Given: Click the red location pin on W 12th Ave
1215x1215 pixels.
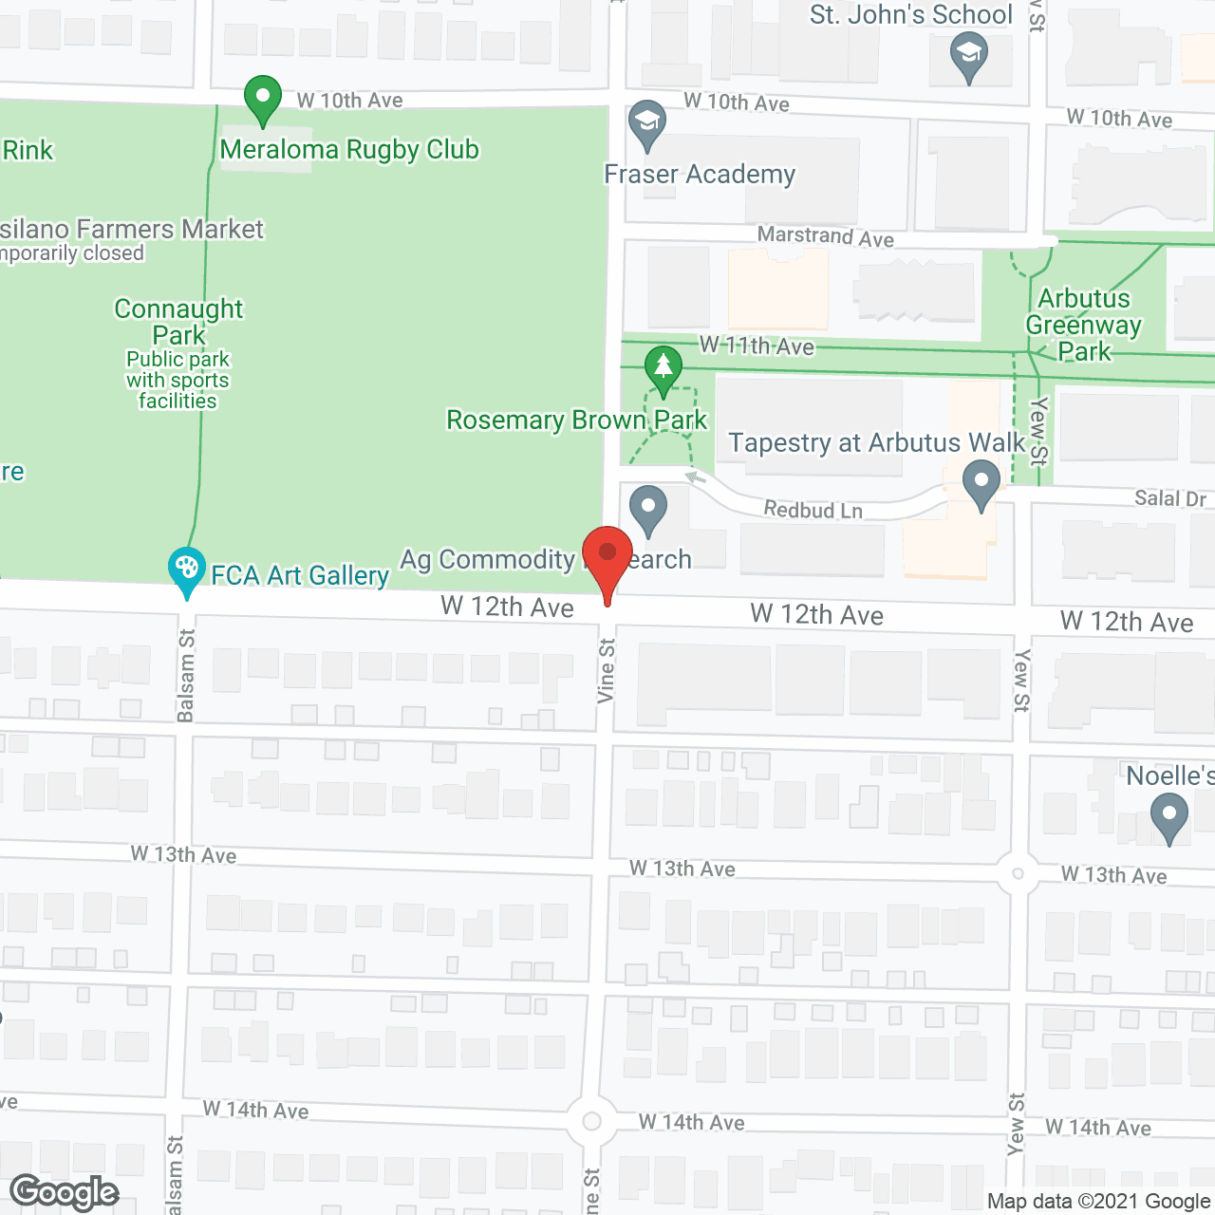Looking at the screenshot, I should pyautogui.click(x=607, y=554).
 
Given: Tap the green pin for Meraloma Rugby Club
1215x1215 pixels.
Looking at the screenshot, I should pyautogui.click(x=262, y=98).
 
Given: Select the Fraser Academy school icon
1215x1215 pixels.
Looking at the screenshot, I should pyautogui.click(x=647, y=123).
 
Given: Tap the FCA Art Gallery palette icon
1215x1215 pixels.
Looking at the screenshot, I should pyautogui.click(x=187, y=570).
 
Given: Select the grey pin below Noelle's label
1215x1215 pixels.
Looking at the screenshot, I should pyautogui.click(x=1168, y=816).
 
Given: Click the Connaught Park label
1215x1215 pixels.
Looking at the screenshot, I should pyautogui.click(x=178, y=322).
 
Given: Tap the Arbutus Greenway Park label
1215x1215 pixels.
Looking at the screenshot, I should pyautogui.click(x=1084, y=325).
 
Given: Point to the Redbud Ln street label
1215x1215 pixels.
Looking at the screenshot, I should pyautogui.click(x=813, y=511).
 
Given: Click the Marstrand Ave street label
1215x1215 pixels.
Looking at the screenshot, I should pyautogui.click(x=825, y=236).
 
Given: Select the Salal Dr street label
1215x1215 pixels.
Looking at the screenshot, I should pyautogui.click(x=1169, y=498).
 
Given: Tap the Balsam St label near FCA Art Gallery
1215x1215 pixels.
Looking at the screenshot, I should pyautogui.click(x=186, y=675).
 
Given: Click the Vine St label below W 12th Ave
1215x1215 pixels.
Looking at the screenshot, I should pyautogui.click(x=607, y=670).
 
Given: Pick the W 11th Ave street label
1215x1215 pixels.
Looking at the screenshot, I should pyautogui.click(x=757, y=346).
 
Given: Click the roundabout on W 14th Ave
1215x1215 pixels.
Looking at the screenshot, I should pyautogui.click(x=591, y=1122).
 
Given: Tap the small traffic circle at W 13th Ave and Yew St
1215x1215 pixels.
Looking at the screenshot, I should pyautogui.click(x=1018, y=873).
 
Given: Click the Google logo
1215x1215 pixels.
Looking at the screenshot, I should pyautogui.click(x=65, y=1192).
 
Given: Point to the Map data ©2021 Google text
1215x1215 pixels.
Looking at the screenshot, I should pyautogui.click(x=1098, y=1201).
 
